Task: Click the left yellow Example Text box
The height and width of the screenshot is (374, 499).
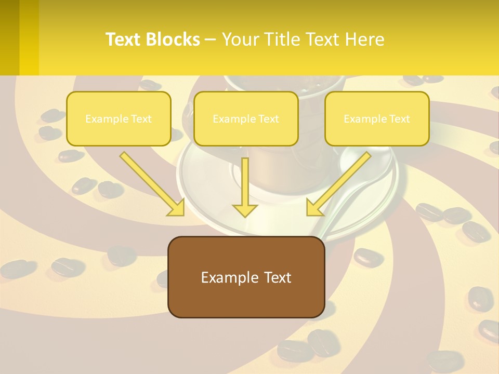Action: [119, 118]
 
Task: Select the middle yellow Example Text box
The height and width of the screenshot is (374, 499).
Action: [246, 118]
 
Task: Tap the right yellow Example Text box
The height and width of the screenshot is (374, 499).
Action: [377, 118]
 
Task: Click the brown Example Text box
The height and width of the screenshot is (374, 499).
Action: [246, 277]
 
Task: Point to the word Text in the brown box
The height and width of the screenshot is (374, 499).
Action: [278, 277]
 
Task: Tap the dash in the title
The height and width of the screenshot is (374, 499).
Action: [211, 40]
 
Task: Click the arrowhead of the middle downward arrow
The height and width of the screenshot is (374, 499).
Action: [245, 210]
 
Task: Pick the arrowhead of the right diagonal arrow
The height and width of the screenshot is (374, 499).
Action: [315, 207]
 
